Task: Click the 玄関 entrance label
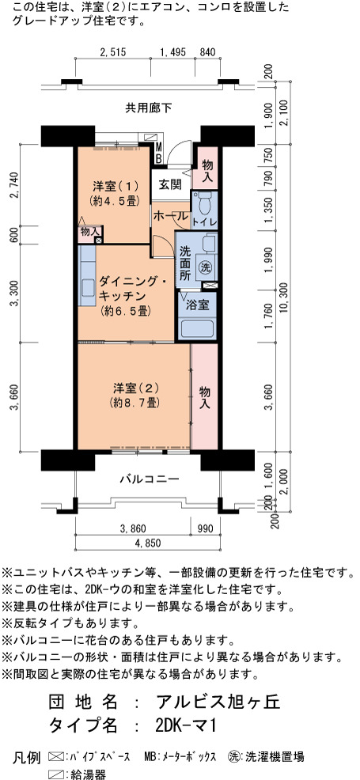click(x=170, y=184)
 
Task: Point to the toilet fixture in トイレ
click(x=204, y=203)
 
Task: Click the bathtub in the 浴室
click(x=197, y=328)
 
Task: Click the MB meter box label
click(x=158, y=153)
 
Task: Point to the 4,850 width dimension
click(x=148, y=543)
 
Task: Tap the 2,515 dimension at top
click(x=114, y=51)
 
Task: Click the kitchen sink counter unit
click(x=86, y=276)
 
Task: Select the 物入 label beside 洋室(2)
click(x=204, y=397)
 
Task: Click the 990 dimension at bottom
click(x=204, y=528)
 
